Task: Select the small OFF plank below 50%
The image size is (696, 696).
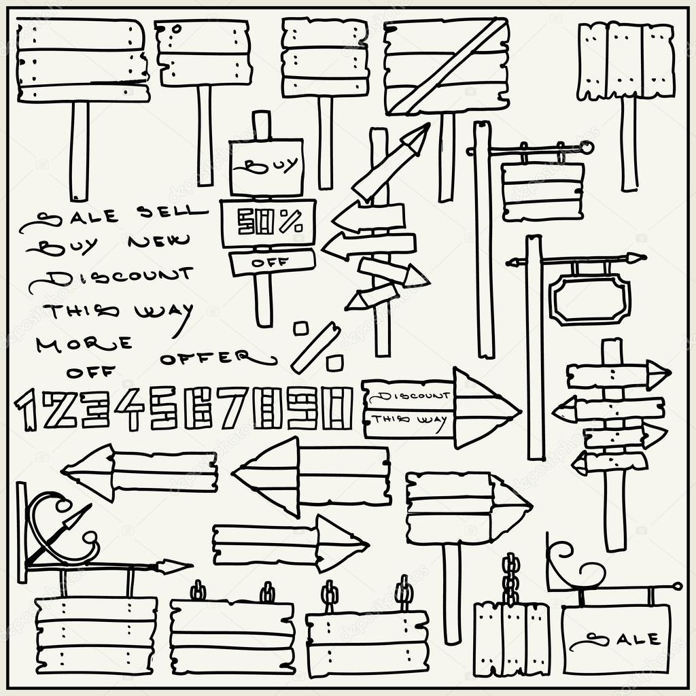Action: pos(271,262)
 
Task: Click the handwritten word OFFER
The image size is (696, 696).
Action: pos(216,357)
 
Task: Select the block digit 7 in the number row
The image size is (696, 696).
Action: pos(234,408)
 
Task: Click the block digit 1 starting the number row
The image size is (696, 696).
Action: pos(27,410)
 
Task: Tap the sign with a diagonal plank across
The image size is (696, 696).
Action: pos(446,66)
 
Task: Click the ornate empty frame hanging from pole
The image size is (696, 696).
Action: pos(590,300)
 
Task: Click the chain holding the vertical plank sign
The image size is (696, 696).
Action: pos(510,578)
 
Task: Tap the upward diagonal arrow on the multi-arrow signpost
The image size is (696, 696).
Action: pos(391,163)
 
